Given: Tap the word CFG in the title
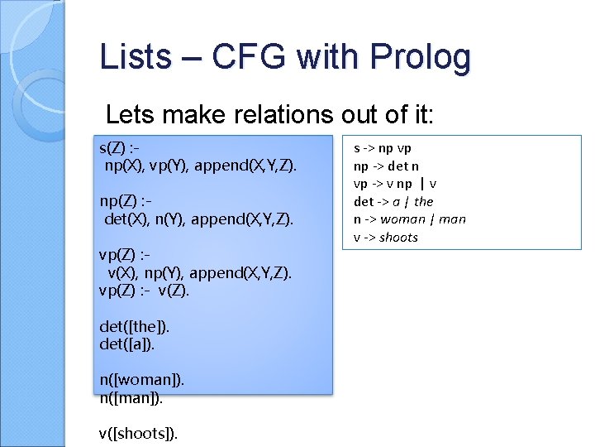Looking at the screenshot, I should coord(249,57).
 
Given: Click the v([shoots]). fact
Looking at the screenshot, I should coord(138,433).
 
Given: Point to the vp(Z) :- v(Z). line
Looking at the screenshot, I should coord(144,290).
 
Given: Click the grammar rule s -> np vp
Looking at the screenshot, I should coord(382,149).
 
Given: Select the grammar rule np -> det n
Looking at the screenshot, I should coord(386,166).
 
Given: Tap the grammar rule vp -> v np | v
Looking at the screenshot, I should coord(395,184).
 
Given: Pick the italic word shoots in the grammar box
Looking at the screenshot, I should coord(399,238).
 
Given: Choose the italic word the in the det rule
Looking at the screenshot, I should coord(424,202).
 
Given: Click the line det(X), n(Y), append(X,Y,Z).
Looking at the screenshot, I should coord(199,219).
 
